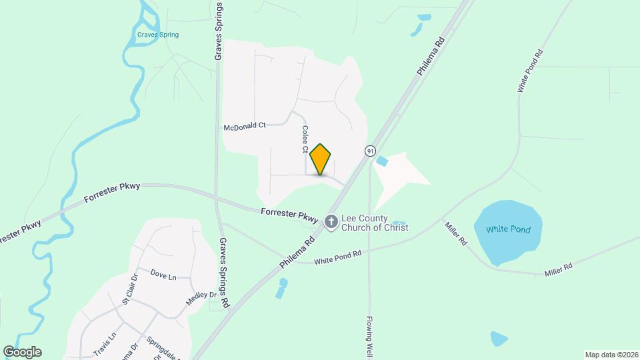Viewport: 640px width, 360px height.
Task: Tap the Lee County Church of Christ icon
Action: click(x=331, y=221)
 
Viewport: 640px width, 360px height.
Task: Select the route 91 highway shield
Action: click(x=370, y=151)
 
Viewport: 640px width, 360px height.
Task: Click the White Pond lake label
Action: click(x=508, y=230)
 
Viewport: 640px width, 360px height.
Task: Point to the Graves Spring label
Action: click(x=158, y=35)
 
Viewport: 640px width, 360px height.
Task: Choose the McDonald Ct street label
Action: click(x=245, y=125)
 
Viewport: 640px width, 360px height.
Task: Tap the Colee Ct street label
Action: click(x=305, y=139)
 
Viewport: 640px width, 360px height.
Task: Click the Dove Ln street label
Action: click(x=163, y=274)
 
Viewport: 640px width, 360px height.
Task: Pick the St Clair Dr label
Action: click(x=129, y=289)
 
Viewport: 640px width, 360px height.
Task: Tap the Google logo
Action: click(x=22, y=352)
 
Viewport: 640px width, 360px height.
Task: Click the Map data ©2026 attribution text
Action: click(x=611, y=354)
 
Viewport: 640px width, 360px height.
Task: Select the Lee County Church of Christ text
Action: click(x=375, y=222)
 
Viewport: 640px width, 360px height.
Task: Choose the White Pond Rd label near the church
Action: click(x=337, y=256)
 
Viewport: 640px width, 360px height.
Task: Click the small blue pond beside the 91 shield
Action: click(x=382, y=161)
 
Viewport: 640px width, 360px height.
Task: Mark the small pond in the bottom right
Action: click(x=499, y=339)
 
